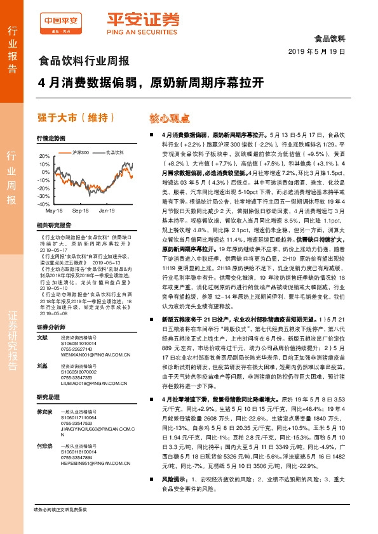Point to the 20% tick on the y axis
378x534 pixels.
tap(43, 156)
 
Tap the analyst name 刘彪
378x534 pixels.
tap(43, 384)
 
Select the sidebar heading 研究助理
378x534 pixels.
tap(47, 415)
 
